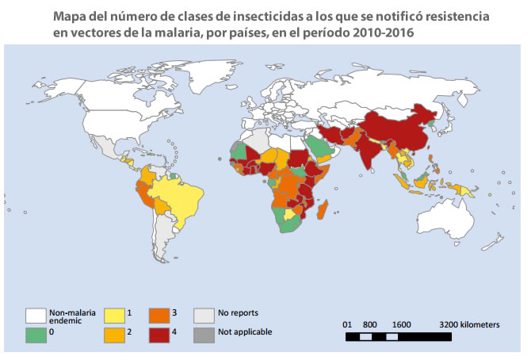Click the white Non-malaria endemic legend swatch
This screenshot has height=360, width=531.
(36, 314)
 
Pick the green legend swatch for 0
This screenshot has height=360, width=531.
(36, 332)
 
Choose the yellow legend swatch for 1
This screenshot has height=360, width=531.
(115, 314)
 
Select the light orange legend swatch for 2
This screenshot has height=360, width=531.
(115, 332)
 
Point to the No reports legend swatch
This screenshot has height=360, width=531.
(204, 314)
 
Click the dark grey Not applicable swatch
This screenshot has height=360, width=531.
(204, 332)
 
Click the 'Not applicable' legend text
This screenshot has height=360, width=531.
(246, 332)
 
